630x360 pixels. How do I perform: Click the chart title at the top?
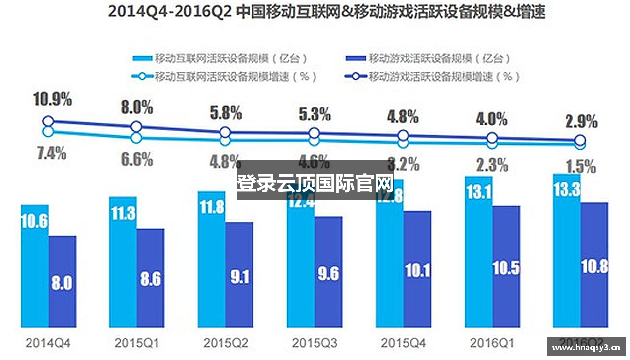pyautogui.click(x=326, y=12)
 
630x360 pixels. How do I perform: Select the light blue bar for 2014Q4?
pyautogui.click(x=34, y=266)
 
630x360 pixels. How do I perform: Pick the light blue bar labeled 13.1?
pyautogui.click(x=478, y=251)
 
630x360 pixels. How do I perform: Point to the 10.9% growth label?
pyautogui.click(x=53, y=100)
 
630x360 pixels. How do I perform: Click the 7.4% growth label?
pyautogui.click(x=51, y=153)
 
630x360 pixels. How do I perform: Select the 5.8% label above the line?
pyautogui.click(x=226, y=113)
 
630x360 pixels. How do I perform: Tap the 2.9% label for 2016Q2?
pyautogui.click(x=581, y=121)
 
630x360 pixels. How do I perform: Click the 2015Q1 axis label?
pyautogui.click(x=137, y=343)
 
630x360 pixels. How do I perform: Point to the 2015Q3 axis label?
pyautogui.click(x=315, y=343)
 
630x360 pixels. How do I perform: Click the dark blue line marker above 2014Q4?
pyautogui.click(x=48, y=121)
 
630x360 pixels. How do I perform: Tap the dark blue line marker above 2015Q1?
pyautogui.click(x=137, y=126)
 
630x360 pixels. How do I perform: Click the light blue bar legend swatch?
pyautogui.click(x=142, y=59)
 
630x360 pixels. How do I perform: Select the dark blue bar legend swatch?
pyautogui.click(x=356, y=59)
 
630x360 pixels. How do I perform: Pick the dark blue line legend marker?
pyautogui.click(x=356, y=77)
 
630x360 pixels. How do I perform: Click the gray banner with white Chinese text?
pyautogui.click(x=315, y=180)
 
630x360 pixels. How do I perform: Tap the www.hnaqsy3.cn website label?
pyautogui.click(x=586, y=348)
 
